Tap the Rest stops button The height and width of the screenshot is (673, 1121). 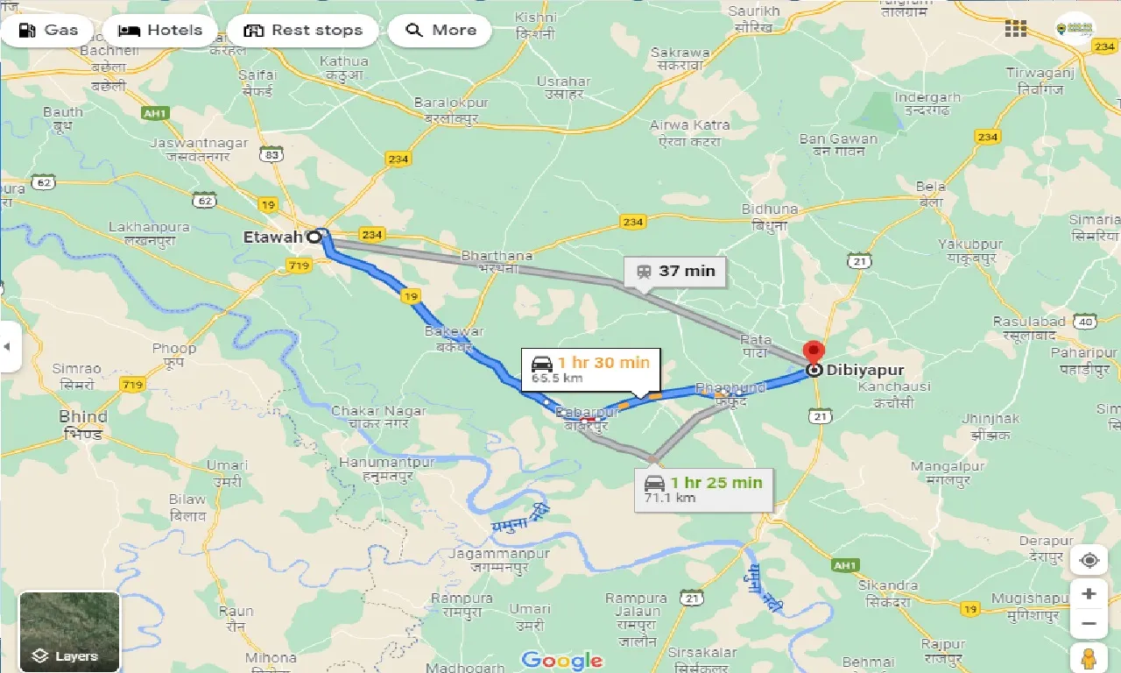click(x=302, y=31)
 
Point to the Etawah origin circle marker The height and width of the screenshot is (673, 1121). click(x=314, y=237)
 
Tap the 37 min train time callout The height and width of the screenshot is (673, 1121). click(x=675, y=272)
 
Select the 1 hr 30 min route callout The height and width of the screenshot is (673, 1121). click(x=591, y=369)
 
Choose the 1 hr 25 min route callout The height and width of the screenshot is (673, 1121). click(x=704, y=488)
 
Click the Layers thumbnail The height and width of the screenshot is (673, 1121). click(x=69, y=632)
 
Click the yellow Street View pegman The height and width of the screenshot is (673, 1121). click(x=1089, y=657)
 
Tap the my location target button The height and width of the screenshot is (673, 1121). click(x=1089, y=560)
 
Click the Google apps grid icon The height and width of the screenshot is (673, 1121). click(x=1016, y=29)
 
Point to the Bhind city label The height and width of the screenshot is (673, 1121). click(x=83, y=417)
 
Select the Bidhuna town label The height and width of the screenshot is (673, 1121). click(x=770, y=209)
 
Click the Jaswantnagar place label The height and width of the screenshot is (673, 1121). click(x=190, y=143)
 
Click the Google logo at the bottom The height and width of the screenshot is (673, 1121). click(x=561, y=660)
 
